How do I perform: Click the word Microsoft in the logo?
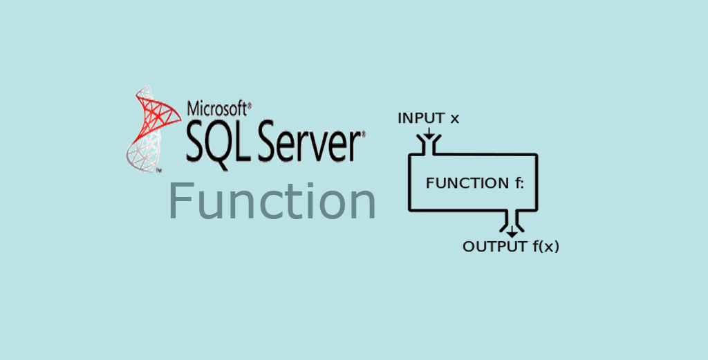coord(216,109)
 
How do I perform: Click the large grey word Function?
coord(272,201)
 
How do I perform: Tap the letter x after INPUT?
coord(454,119)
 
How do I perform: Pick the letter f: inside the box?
coord(519,183)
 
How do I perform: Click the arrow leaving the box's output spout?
coord(512,231)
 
